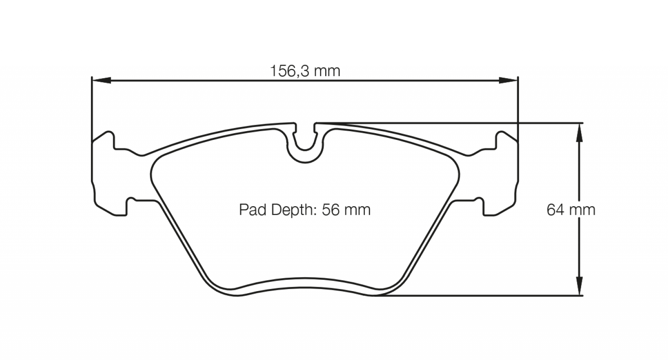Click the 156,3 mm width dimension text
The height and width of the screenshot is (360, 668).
point(305,71)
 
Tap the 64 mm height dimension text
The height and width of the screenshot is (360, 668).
point(571,210)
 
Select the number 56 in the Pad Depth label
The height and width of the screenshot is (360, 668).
point(331,210)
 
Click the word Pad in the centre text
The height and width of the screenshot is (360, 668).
point(253,210)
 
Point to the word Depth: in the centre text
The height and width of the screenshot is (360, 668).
point(294,210)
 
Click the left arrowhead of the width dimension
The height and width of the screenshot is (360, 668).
point(101,80)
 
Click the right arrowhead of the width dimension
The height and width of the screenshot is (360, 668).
point(509,80)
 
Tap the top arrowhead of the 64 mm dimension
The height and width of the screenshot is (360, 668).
point(579,133)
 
